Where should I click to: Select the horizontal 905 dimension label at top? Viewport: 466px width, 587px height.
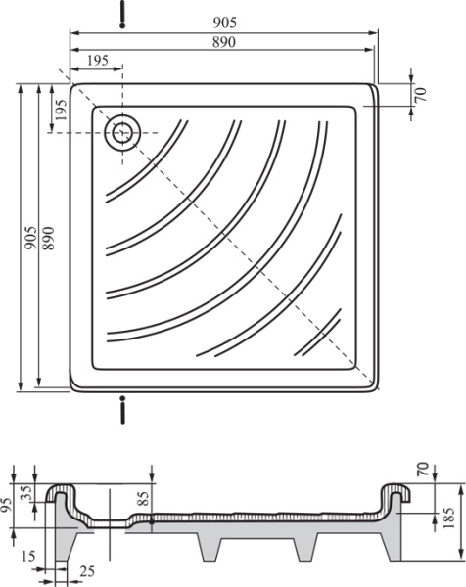(225, 23)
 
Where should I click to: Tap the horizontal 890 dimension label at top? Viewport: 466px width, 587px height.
(224, 42)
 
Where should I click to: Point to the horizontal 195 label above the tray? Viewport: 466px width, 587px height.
(97, 61)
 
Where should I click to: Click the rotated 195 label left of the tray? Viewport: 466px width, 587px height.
(61, 110)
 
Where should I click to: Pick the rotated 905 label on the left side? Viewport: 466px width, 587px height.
(30, 238)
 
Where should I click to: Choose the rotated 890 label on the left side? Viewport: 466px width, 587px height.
(49, 238)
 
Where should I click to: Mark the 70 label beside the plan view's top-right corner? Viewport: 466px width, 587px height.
(421, 94)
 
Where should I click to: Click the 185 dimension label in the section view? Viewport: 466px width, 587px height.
(450, 518)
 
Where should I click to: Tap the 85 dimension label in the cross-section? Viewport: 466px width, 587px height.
(144, 498)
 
